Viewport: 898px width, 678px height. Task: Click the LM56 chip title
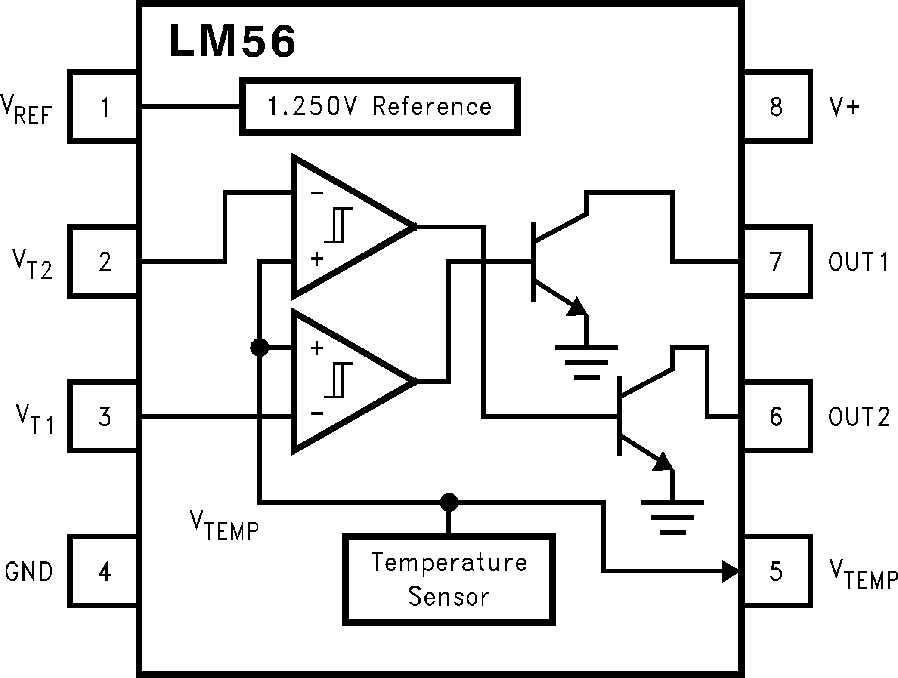coord(232,41)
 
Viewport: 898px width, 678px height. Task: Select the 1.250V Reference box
coord(380,107)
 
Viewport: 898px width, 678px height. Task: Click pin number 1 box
coord(105,107)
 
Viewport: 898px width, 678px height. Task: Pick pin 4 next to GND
coord(105,572)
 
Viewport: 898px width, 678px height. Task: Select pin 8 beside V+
coord(776,107)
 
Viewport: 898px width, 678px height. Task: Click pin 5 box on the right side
coord(776,571)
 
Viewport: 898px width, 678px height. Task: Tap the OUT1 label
coord(858,262)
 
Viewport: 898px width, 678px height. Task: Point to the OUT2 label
coord(858,416)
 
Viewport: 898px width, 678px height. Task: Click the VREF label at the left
coord(27,110)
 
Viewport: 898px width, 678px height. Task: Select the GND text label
coord(28,572)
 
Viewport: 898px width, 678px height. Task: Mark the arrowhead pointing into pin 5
coord(731,571)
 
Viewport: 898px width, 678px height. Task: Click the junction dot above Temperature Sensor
coord(449,502)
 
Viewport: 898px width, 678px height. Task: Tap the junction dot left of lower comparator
coord(259,347)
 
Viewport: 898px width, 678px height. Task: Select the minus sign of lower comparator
coord(317,414)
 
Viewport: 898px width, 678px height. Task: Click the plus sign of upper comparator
coord(317,259)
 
